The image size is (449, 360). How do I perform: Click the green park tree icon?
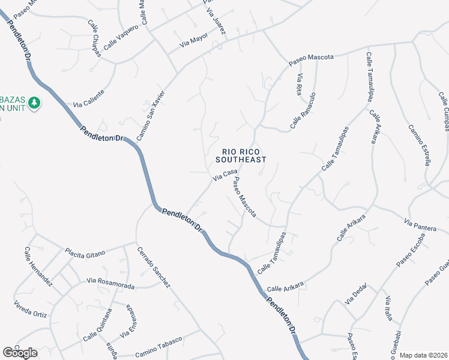(35, 103)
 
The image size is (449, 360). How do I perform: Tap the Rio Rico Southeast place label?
(240, 156)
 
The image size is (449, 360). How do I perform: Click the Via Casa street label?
(224, 175)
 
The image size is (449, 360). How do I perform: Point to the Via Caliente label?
(89, 99)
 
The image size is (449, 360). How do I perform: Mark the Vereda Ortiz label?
(30, 305)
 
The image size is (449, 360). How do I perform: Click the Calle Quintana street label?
(98, 325)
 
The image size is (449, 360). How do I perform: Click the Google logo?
(20, 352)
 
